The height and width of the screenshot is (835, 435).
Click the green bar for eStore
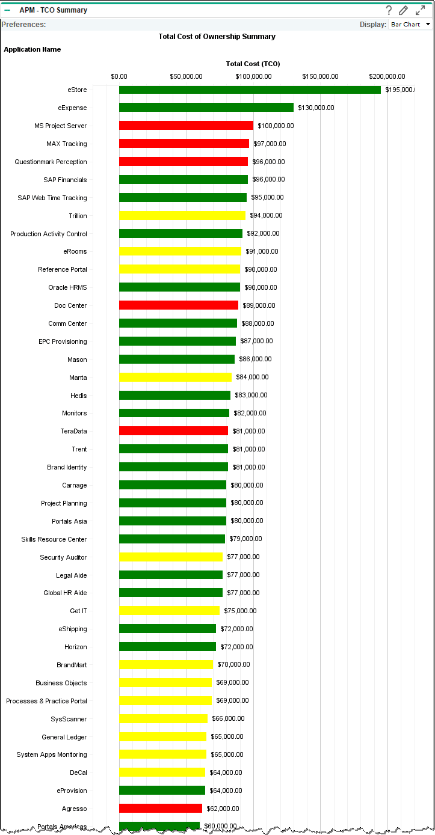click(250, 90)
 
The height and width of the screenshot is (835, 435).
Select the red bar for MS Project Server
click(186, 126)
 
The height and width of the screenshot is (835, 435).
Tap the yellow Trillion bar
click(182, 216)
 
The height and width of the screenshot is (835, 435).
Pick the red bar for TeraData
click(173, 431)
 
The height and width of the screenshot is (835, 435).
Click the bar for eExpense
click(206, 108)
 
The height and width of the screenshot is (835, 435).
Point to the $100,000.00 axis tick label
click(253, 76)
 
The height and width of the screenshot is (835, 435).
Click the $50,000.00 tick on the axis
click(186, 76)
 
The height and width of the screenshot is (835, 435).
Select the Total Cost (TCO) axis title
click(253, 64)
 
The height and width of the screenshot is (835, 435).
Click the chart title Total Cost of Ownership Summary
click(217, 37)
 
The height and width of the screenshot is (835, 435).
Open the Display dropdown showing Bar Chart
click(411, 25)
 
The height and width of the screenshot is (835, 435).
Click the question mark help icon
click(389, 10)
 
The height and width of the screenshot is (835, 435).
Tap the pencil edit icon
click(404, 10)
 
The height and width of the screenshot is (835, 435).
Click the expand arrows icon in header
click(420, 10)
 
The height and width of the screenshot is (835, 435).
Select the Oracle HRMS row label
click(67, 287)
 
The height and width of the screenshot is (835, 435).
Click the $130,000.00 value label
click(316, 108)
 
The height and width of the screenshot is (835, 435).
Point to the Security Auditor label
click(63, 557)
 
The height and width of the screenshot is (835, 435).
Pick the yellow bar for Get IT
click(170, 611)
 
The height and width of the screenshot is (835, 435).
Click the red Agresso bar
click(161, 809)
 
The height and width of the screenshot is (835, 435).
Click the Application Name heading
click(32, 49)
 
